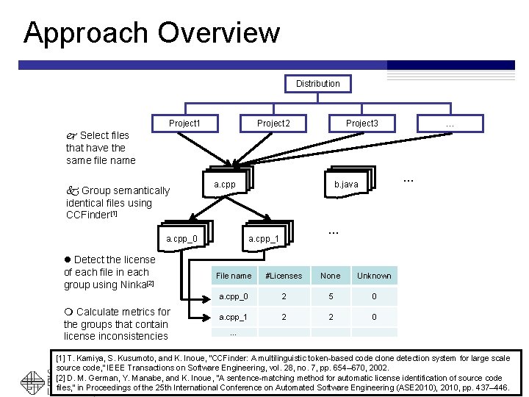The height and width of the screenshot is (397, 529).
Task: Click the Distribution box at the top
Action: pyautogui.click(x=317, y=84)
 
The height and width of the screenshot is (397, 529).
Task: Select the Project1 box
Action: pyautogui.click(x=184, y=124)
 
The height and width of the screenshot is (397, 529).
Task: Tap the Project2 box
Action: pyautogui.click(x=273, y=124)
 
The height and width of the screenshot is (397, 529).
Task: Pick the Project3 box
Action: pyautogui.click(x=361, y=124)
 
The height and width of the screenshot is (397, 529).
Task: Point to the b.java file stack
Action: pyautogui.click(x=346, y=184)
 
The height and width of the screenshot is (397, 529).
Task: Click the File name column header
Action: pyautogui.click(x=233, y=276)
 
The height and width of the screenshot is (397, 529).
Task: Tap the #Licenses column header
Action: pyautogui.click(x=283, y=276)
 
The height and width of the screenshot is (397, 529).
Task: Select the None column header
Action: pyautogui.click(x=331, y=276)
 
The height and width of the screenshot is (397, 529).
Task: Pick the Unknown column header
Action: pyautogui.click(x=374, y=276)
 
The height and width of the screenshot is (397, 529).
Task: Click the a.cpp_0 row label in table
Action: pyautogui.click(x=233, y=296)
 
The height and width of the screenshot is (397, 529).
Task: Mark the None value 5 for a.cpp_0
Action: pyautogui.click(x=331, y=296)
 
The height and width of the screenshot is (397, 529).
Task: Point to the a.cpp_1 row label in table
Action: pyautogui.click(x=233, y=318)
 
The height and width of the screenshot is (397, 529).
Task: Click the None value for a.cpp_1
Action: pyautogui.click(x=331, y=318)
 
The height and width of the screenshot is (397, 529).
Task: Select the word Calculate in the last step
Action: pyautogui.click(x=100, y=312)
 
